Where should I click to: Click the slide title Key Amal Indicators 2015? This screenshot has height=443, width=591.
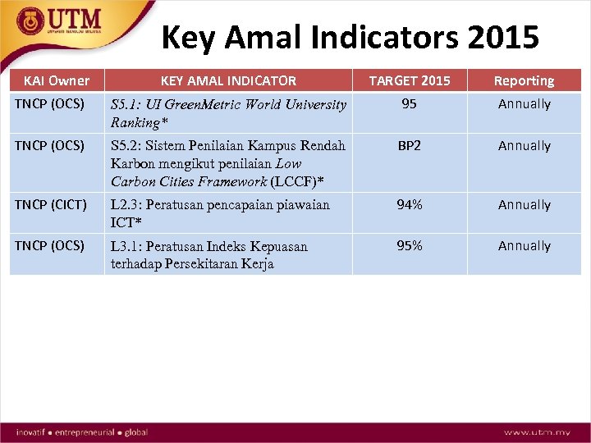350,38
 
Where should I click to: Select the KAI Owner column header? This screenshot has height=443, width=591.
57,80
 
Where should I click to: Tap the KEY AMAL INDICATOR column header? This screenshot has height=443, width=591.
228,80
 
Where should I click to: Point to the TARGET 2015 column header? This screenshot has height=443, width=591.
410,80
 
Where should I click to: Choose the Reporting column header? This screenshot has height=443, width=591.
524,80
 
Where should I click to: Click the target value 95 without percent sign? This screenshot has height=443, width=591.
409,104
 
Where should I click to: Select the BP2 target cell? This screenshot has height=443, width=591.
410,146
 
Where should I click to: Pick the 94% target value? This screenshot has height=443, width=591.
410,205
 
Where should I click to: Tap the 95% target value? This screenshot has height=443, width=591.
410,246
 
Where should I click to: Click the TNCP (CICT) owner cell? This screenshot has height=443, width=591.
50,205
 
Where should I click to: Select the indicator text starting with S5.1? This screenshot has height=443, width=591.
228,113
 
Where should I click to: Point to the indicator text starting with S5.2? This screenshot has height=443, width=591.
228,163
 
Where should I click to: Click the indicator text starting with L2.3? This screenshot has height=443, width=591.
220,213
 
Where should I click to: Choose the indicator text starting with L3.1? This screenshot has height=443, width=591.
209,255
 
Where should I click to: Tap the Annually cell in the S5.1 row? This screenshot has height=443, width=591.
524,104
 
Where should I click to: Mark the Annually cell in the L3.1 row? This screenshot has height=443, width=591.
524,246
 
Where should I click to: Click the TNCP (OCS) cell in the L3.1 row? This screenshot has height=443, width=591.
49,246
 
